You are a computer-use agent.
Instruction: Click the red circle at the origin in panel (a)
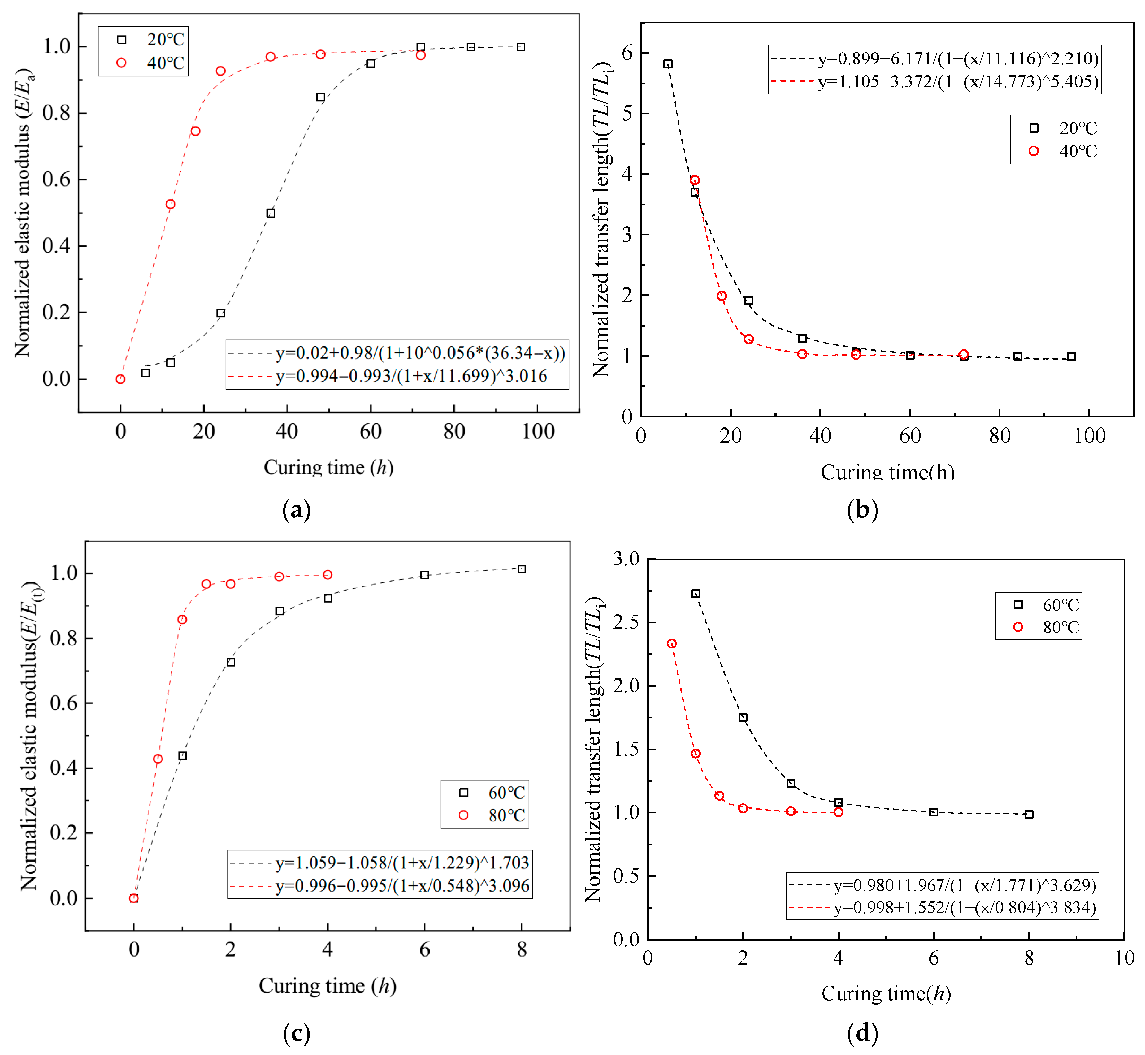click(x=120, y=379)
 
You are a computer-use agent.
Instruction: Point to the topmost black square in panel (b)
click(x=668, y=64)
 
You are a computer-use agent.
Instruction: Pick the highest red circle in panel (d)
click(x=672, y=644)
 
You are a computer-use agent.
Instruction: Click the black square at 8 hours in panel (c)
click(x=522, y=569)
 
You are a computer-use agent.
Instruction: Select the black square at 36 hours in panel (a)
click(x=270, y=214)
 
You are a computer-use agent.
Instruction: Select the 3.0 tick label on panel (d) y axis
click(x=626, y=559)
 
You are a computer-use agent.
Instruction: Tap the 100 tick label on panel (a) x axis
click(x=538, y=432)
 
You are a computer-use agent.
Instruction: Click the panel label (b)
click(x=862, y=509)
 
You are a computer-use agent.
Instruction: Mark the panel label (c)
click(x=296, y=1033)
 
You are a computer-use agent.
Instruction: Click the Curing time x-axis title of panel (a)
click(x=328, y=468)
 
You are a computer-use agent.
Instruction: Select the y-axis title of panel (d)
click(x=593, y=749)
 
